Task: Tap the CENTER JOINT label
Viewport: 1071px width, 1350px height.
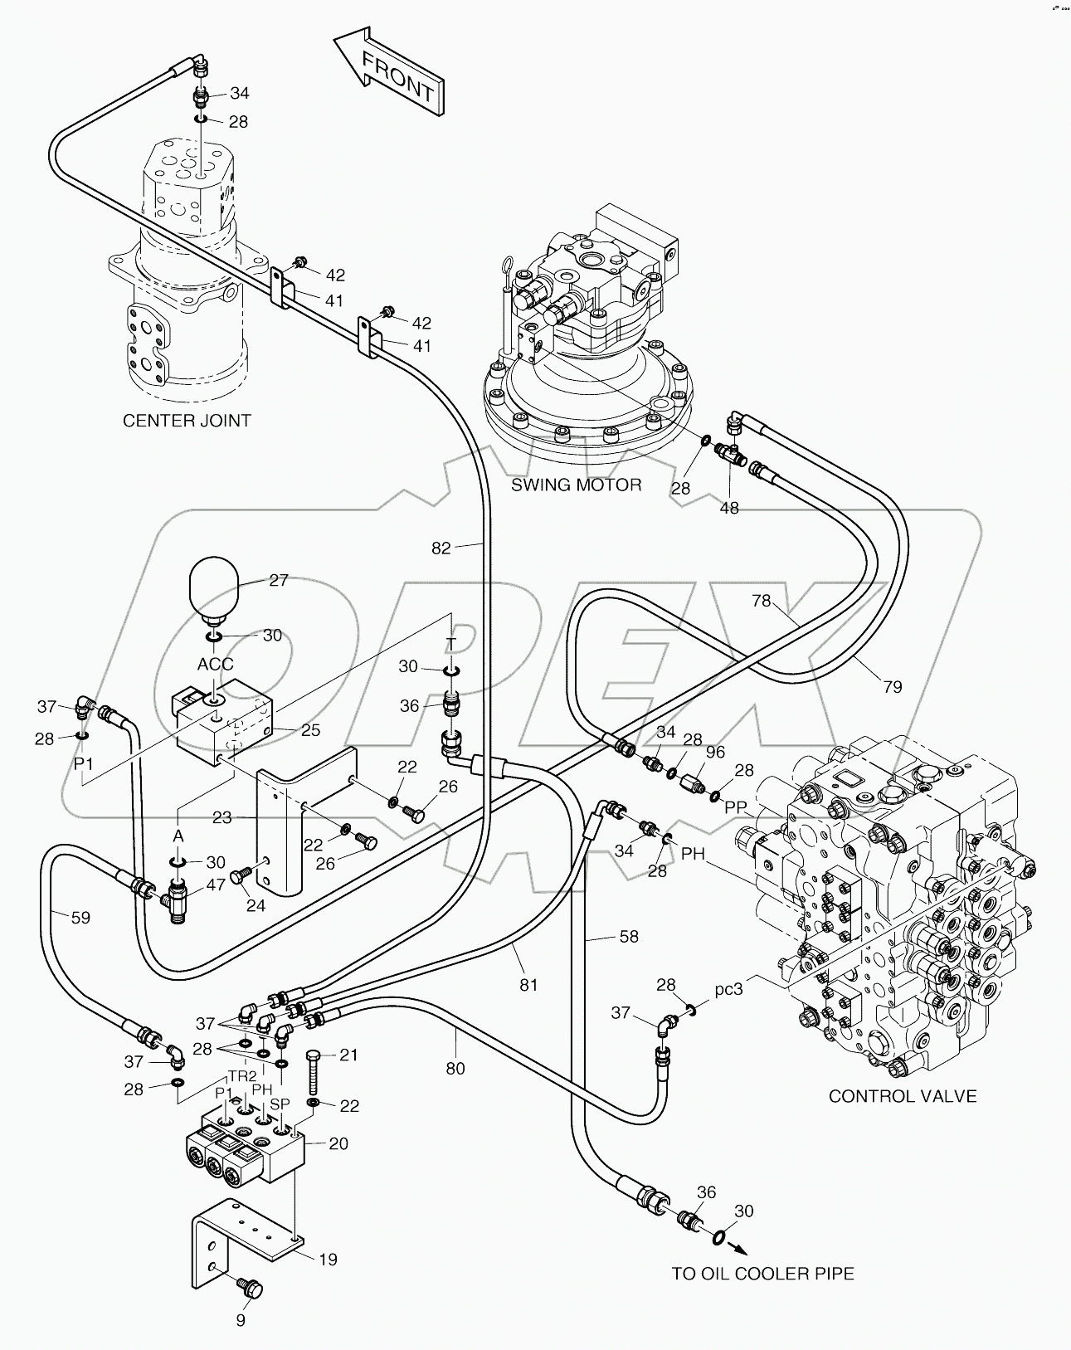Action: click(187, 421)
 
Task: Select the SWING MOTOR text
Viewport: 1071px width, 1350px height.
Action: click(576, 485)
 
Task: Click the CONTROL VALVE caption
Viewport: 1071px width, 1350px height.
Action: click(903, 1096)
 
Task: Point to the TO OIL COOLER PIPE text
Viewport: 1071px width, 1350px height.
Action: click(762, 1273)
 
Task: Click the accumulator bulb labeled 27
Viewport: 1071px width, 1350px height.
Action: click(214, 590)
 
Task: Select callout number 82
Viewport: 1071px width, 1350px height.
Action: click(441, 548)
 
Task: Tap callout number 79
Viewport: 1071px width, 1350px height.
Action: click(892, 686)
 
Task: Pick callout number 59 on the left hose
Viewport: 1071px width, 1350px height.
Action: click(80, 918)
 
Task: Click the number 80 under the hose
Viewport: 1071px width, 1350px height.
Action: click(455, 1069)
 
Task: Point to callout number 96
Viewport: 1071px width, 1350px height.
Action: click(715, 752)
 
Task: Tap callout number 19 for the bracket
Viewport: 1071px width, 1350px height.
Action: click(328, 1260)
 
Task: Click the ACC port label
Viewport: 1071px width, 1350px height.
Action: click(215, 665)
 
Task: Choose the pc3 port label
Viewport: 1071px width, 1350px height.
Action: click(728, 990)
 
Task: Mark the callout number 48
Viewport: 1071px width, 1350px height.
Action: click(728, 507)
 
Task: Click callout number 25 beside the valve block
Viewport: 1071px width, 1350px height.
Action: click(310, 731)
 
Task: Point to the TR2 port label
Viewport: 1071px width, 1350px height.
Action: click(242, 1076)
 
